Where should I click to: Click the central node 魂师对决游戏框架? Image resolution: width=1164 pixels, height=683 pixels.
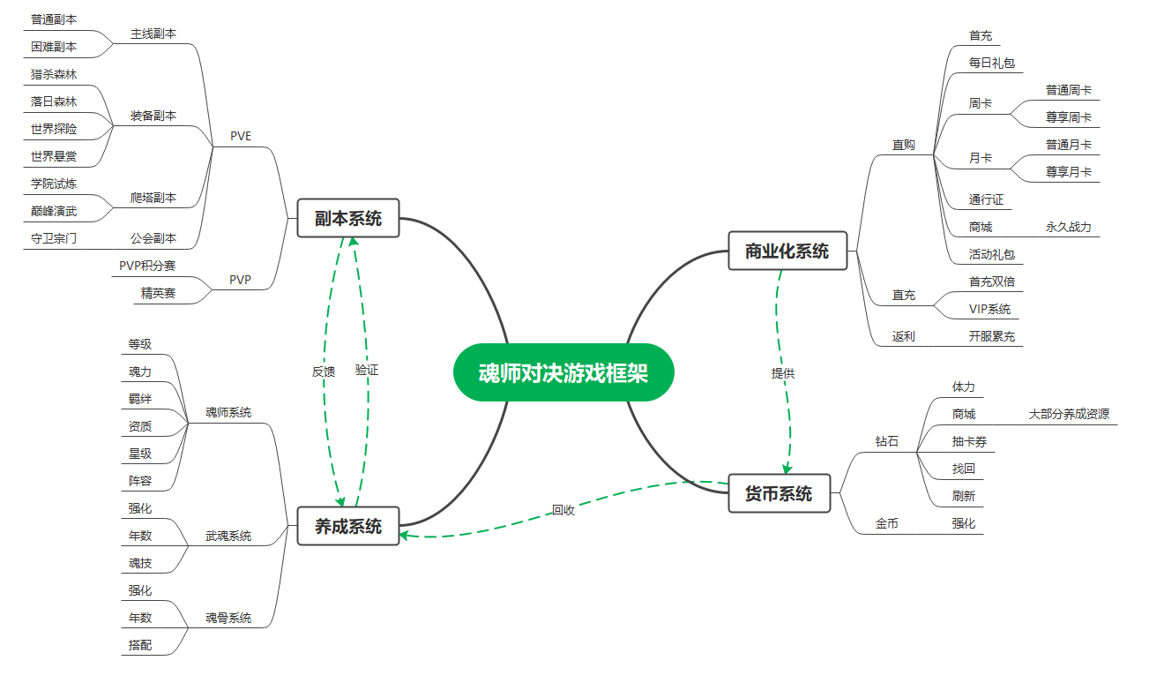tap(563, 372)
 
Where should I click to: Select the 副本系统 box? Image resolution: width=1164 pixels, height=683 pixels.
tap(348, 218)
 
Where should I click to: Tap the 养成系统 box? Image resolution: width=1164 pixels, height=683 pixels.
tap(348, 526)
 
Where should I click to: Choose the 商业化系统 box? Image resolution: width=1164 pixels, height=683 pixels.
tap(787, 251)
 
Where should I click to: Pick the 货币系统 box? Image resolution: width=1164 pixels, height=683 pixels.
tap(779, 493)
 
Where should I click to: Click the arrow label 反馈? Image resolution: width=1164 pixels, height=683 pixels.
tap(324, 372)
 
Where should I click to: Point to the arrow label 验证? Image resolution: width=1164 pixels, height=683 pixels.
tap(367, 371)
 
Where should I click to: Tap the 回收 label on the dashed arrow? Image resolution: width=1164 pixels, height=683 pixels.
tap(563, 509)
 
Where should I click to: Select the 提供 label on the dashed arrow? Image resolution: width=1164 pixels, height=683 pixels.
tap(783, 373)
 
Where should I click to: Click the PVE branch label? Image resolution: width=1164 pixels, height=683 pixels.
tap(241, 136)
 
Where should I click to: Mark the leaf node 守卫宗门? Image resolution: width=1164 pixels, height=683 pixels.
tap(54, 237)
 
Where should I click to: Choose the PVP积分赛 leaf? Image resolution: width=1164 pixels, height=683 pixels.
tap(147, 266)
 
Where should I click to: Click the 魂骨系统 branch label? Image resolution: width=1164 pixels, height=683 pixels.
tap(228, 618)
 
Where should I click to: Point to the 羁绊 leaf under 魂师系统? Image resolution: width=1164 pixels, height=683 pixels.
tap(140, 399)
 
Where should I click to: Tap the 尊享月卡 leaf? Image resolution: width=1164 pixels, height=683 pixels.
tap(1069, 172)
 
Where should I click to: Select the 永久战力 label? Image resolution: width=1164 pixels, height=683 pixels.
tap(1069, 227)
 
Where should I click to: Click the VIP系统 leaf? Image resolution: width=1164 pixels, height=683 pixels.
tap(990, 309)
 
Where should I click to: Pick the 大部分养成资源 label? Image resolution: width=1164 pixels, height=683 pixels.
tap(1069, 414)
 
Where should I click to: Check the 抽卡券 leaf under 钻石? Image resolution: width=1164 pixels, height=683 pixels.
tap(969, 441)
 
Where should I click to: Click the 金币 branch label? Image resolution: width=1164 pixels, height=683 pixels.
tap(887, 523)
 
